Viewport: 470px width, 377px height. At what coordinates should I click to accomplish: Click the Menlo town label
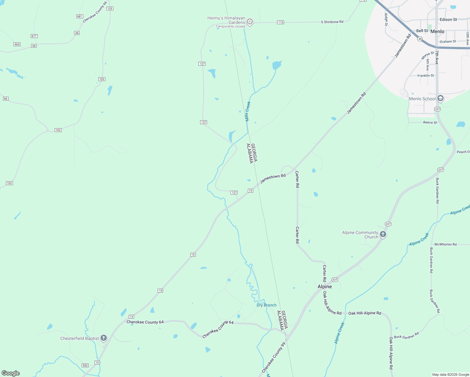(437, 31)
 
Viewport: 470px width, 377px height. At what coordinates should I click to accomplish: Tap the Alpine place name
(325, 287)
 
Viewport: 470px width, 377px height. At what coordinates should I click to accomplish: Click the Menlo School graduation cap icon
(440, 99)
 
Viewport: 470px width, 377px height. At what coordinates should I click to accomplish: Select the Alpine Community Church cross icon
(383, 234)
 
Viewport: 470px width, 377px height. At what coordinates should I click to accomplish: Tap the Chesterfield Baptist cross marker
(104, 338)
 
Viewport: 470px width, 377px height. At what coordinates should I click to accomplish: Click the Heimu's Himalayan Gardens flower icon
(250, 22)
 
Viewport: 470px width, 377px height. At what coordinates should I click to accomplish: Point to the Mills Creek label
(248, 111)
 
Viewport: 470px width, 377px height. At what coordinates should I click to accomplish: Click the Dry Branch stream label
(266, 305)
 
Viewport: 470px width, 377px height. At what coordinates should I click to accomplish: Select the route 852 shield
(85, 365)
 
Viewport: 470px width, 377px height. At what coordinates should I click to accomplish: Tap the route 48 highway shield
(420, 39)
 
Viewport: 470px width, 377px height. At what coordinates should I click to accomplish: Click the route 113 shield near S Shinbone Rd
(281, 22)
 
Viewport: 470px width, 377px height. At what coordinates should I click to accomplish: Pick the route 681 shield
(79, 16)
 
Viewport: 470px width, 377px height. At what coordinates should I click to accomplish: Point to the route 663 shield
(17, 44)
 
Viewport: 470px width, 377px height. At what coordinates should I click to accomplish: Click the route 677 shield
(34, 36)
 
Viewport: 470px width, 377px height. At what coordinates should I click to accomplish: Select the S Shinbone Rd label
(332, 22)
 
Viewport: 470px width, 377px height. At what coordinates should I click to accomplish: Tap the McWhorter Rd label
(445, 244)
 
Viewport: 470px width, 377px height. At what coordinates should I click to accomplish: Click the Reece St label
(430, 123)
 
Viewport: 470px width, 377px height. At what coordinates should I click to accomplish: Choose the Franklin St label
(426, 76)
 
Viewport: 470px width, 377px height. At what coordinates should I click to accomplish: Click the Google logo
(11, 373)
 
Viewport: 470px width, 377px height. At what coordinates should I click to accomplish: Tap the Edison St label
(448, 19)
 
